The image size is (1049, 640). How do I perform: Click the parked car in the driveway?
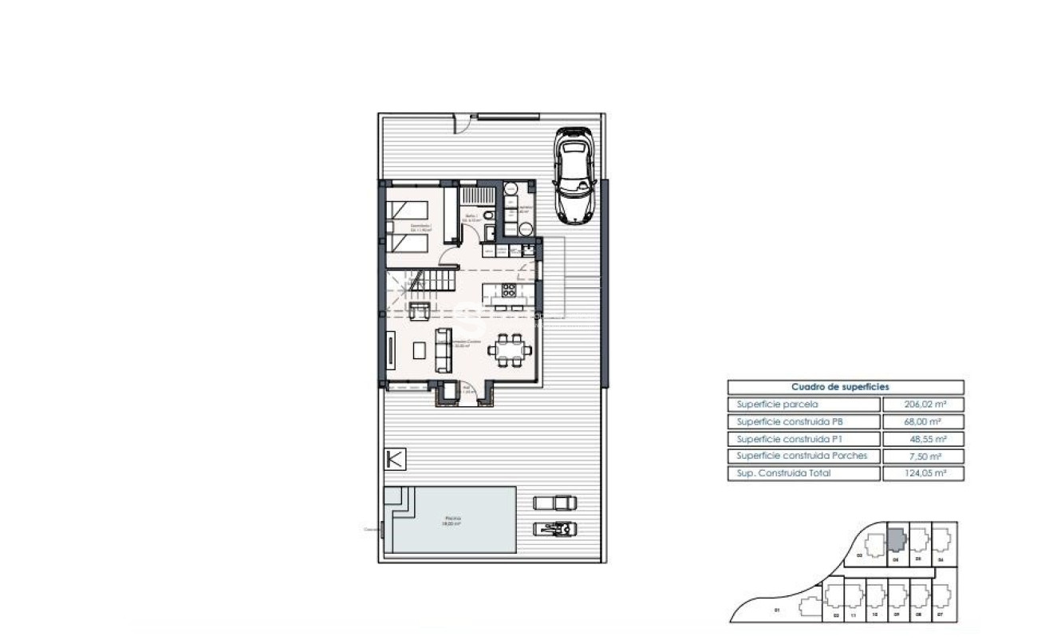pos(574,174)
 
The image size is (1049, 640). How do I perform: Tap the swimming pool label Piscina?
pos(452,517)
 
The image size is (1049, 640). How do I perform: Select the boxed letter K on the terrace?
pos(395,459)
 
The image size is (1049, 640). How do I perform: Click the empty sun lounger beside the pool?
pos(554,502)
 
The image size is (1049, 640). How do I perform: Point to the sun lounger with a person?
pos(554,527)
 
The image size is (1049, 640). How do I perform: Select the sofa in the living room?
pos(443,350)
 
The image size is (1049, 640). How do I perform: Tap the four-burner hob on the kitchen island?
pos(508,290)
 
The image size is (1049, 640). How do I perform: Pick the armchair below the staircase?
pos(419,311)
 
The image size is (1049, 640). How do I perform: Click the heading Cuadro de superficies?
pos(845,387)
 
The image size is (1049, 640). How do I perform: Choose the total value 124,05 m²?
pos(923,473)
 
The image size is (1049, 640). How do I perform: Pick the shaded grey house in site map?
pos(896,540)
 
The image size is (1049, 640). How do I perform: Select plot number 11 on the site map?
pos(853,616)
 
